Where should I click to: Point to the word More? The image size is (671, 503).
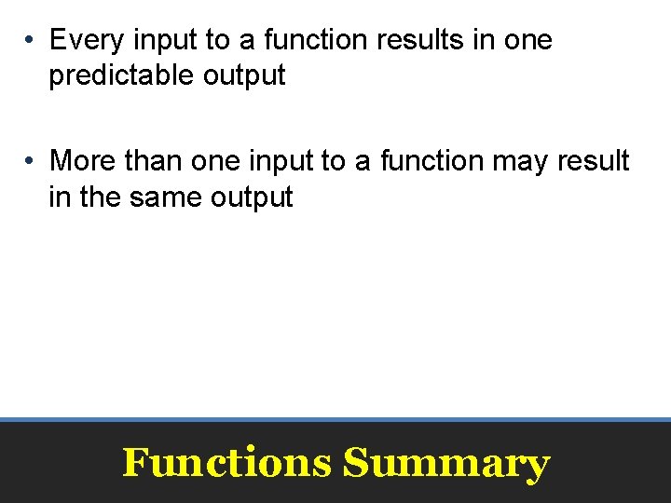84,161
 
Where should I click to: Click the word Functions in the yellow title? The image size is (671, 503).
226,463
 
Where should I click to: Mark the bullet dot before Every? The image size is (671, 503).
31,41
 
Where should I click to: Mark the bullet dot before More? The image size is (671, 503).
31,162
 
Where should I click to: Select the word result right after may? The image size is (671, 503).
595,161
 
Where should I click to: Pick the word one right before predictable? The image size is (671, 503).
528,40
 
